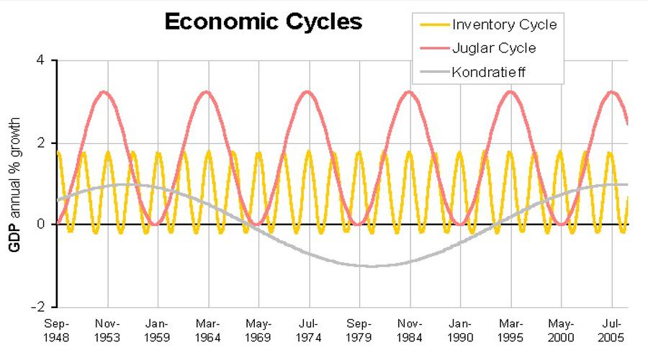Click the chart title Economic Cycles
tap(263, 22)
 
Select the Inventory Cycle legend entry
tap(504, 25)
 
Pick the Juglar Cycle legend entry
tap(494, 48)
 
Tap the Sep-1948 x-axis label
tap(58, 330)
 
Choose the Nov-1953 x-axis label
tap(108, 330)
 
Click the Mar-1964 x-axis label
tap(209, 330)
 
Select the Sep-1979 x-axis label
tap(359, 330)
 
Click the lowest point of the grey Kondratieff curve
tap(370, 266)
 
